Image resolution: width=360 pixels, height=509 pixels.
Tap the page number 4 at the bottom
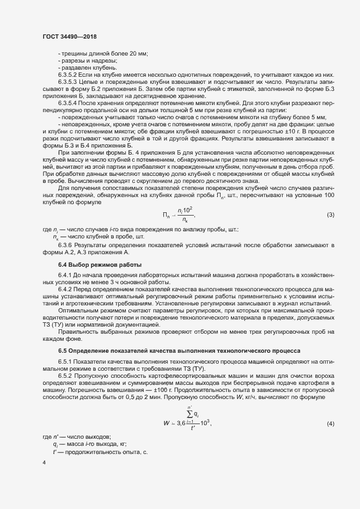point(44,463)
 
